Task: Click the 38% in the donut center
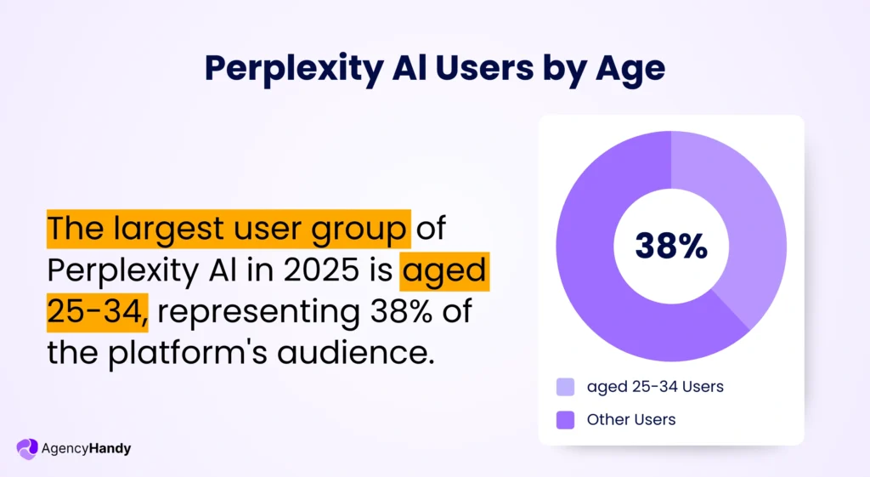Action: (x=671, y=246)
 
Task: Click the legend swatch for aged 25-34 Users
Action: (x=565, y=387)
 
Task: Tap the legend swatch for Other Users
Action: (x=565, y=419)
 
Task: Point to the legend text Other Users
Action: (x=631, y=419)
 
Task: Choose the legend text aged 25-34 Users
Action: (x=655, y=387)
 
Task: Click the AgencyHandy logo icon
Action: (x=27, y=448)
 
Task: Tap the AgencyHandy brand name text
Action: (x=86, y=448)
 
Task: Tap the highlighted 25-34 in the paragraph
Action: (x=97, y=311)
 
